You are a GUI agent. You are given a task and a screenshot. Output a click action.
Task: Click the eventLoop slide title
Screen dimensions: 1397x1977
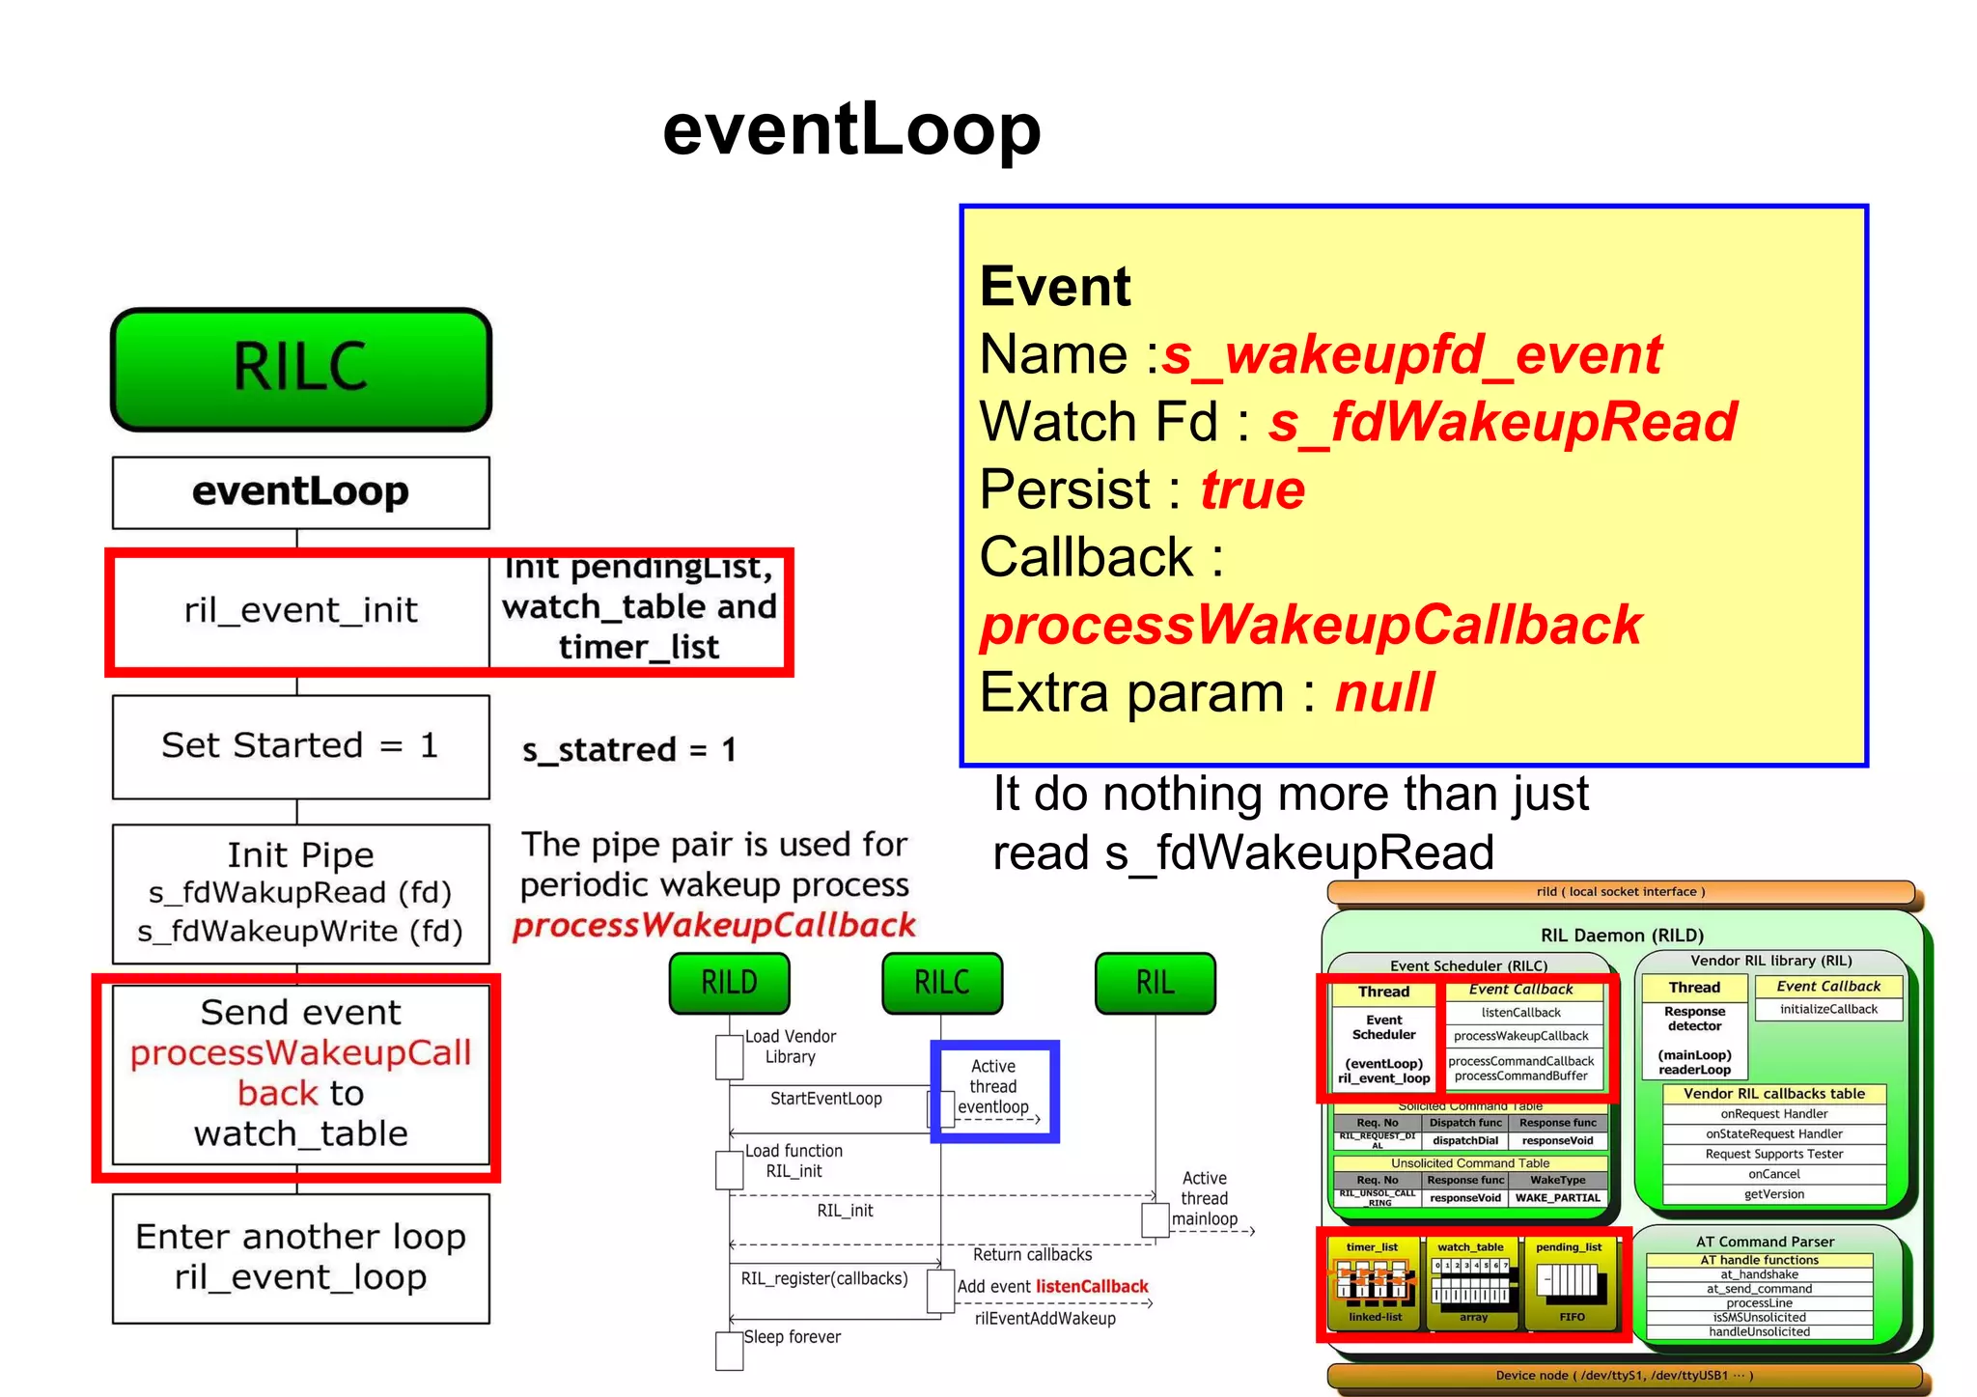pos(851,129)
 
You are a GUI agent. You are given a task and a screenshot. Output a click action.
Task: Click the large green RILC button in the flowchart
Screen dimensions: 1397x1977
pos(301,369)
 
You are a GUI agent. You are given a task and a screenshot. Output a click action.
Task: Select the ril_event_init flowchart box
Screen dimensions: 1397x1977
pos(300,610)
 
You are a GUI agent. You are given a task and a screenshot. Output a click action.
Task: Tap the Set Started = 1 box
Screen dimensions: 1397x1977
pos(300,746)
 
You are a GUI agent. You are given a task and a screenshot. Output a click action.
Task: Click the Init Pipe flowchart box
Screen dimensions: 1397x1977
pos(300,893)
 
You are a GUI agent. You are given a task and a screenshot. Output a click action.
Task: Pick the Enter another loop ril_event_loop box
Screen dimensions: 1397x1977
pos(300,1257)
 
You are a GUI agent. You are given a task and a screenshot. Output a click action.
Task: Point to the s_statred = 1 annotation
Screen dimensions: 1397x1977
pos(629,749)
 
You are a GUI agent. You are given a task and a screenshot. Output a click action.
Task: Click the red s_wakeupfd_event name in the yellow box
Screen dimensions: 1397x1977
pos(1411,354)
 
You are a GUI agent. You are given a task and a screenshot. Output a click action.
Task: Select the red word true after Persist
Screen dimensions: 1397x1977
pos(1252,489)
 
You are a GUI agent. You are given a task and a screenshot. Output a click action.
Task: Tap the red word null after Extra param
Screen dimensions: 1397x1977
pos(1384,693)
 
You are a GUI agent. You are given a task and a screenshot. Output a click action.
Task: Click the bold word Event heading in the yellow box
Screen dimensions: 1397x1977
pos(1054,287)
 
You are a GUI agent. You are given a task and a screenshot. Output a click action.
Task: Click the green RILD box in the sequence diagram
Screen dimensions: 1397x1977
pos(729,983)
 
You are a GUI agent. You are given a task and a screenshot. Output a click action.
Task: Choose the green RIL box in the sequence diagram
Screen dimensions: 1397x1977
pos(1155,983)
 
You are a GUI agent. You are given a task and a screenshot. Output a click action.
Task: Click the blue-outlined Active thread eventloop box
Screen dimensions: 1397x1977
pos(994,1090)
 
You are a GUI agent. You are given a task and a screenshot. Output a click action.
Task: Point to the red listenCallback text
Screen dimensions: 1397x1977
pos(1092,1286)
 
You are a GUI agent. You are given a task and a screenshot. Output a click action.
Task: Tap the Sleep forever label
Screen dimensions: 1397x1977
pos(792,1337)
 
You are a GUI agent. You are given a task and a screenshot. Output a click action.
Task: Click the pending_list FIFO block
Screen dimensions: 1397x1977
pos(1571,1283)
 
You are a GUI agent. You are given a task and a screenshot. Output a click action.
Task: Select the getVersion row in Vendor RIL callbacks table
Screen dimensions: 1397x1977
pos(1773,1194)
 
